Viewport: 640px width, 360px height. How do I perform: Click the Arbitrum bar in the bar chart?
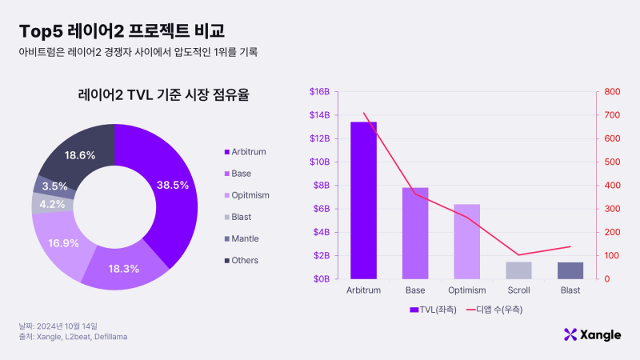pyautogui.click(x=363, y=200)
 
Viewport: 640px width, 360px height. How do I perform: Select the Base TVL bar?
pyautogui.click(x=415, y=233)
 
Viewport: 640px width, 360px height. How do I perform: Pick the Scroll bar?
pyautogui.click(x=518, y=270)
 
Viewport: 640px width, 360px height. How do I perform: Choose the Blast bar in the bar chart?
pyautogui.click(x=570, y=270)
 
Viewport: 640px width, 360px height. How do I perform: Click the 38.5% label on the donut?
pyautogui.click(x=173, y=185)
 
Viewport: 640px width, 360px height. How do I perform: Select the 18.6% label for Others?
pyautogui.click(x=80, y=155)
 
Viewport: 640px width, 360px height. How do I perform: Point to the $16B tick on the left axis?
pyautogui.click(x=319, y=92)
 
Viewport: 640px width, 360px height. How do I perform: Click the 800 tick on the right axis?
pyautogui.click(x=612, y=92)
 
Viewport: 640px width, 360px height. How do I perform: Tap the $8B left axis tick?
pyautogui.click(x=321, y=186)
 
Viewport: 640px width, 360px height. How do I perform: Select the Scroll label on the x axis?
pyautogui.click(x=518, y=290)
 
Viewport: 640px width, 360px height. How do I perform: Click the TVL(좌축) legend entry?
pyautogui.click(x=430, y=309)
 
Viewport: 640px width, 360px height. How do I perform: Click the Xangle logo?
pyautogui.click(x=592, y=334)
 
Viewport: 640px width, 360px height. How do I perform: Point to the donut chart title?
pyautogui.click(x=163, y=95)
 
